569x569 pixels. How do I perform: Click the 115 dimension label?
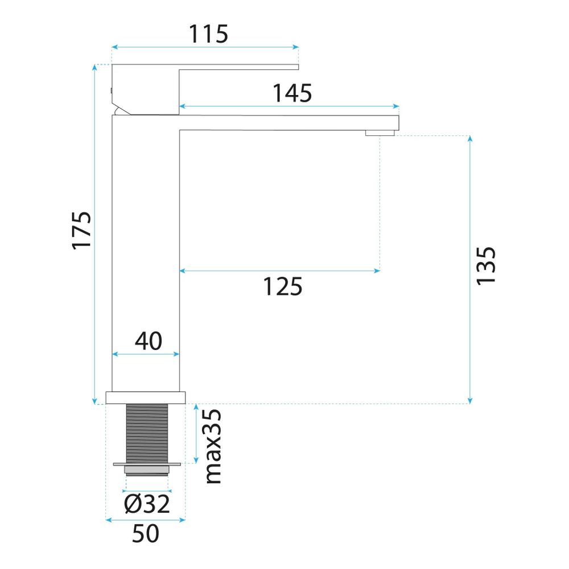click(208, 34)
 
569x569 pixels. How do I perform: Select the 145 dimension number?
click(292, 93)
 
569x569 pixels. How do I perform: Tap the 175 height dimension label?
click(81, 230)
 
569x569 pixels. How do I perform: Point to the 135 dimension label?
click(486, 266)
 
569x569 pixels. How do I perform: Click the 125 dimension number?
click(282, 287)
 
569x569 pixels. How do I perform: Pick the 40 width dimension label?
click(149, 341)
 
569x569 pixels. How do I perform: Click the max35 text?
click(213, 446)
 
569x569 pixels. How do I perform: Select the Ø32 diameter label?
click(147, 504)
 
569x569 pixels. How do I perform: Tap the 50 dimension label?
click(146, 533)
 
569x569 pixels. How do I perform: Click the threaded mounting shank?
click(147, 434)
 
